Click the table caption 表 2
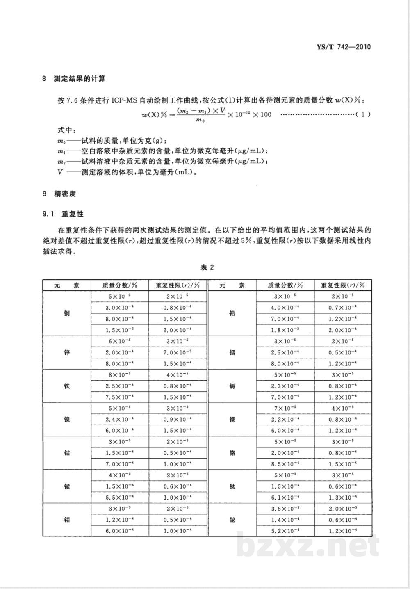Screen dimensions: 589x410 (x=207, y=267)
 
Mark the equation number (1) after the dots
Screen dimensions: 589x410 (x=364, y=114)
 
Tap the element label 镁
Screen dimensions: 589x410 (x=232, y=420)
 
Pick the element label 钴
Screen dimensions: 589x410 (x=67, y=453)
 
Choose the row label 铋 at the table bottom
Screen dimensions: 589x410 (x=232, y=520)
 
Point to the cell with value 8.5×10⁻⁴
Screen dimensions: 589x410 (x=285, y=464)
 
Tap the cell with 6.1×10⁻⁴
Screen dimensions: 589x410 (x=285, y=498)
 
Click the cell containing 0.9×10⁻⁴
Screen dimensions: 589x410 (x=169, y=419)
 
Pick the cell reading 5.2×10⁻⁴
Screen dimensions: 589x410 (x=285, y=531)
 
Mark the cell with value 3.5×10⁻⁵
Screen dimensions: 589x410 (x=285, y=509)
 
